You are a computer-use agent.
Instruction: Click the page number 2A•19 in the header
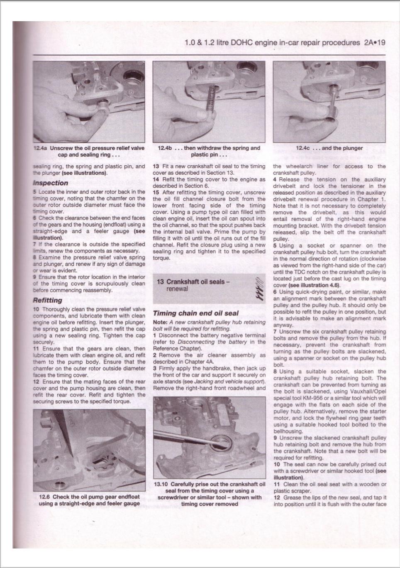[375, 43]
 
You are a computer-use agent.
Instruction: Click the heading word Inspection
[50, 183]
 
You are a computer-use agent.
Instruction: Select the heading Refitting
[47, 300]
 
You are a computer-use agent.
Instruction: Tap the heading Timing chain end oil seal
[196, 313]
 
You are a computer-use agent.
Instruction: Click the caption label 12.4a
[40, 148]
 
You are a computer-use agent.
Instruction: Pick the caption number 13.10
[161, 484]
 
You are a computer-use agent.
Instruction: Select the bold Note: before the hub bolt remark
[160, 322]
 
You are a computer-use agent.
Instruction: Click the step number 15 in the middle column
[156, 192]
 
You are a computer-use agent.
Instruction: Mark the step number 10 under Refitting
[36, 309]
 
